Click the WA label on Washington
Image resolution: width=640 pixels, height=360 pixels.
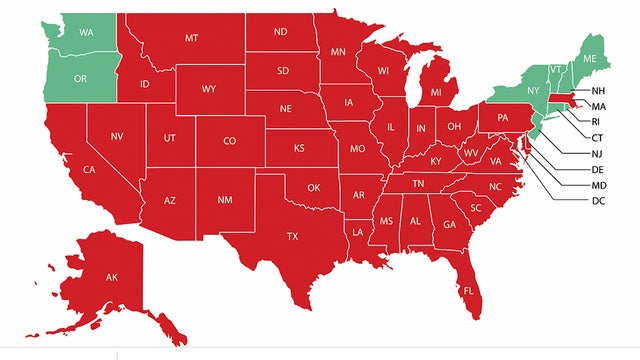pyautogui.click(x=88, y=32)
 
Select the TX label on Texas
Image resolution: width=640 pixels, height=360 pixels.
pyautogui.click(x=292, y=237)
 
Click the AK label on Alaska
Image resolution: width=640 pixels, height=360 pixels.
pyautogui.click(x=112, y=277)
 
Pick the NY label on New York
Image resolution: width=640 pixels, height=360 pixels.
pyautogui.click(x=532, y=91)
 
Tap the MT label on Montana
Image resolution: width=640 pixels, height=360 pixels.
pyautogui.click(x=191, y=38)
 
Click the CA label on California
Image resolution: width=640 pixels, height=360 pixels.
pyautogui.click(x=89, y=170)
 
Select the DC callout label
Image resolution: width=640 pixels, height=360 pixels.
pyautogui.click(x=599, y=201)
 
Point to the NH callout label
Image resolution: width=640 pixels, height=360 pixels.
pyautogui.click(x=598, y=91)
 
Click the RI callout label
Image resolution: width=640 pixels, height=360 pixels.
pyautogui.click(x=597, y=121)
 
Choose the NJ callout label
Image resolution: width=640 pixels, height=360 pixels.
pyautogui.click(x=598, y=153)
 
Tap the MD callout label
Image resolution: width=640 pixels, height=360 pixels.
pyautogui.click(x=599, y=185)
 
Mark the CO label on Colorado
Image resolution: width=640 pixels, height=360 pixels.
pyautogui.click(x=229, y=141)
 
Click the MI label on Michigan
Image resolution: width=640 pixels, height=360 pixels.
pyautogui.click(x=436, y=93)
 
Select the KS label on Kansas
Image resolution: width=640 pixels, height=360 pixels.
pyautogui.click(x=298, y=148)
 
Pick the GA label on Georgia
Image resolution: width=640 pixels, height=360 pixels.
pyautogui.click(x=449, y=224)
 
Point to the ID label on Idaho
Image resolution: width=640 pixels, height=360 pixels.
pyautogui.click(x=144, y=83)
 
